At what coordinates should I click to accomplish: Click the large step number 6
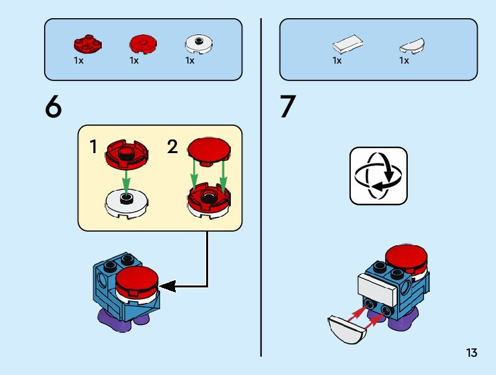coord(53,106)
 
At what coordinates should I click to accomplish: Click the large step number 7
coord(287,106)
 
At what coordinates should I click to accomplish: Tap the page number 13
coord(471,352)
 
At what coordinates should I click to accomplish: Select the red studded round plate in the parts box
coord(88,43)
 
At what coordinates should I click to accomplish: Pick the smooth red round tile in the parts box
coord(143,43)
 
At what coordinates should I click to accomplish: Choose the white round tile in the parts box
coord(198,44)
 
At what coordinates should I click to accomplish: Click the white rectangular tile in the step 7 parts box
coord(348,44)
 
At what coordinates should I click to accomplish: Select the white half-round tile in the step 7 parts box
coord(412,46)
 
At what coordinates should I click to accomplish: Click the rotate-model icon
coord(379,176)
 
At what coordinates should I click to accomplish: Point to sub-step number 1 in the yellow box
coord(93,147)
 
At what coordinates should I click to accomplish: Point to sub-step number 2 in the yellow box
coord(172,147)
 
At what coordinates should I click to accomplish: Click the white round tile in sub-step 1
coord(126,203)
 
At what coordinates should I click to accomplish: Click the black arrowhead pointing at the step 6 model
coord(168,286)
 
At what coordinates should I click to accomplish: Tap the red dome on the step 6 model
coord(137,280)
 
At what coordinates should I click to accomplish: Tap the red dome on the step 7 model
coord(406,259)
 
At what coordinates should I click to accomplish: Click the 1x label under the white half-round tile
coord(404,60)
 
